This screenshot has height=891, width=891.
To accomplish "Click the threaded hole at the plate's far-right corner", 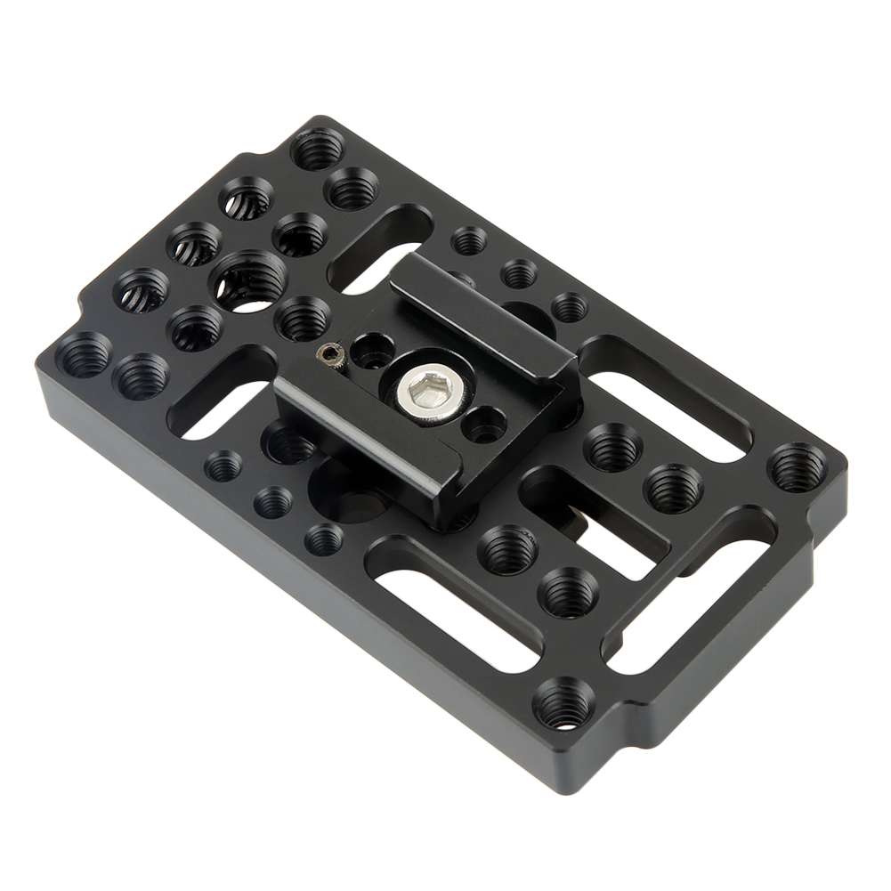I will (797, 466).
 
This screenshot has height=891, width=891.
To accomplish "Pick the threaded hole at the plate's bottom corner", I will (563, 703).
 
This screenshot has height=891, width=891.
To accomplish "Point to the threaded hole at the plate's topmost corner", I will (318, 149).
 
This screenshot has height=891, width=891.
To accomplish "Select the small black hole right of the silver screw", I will (486, 425).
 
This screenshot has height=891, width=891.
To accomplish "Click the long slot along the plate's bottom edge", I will (458, 605).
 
